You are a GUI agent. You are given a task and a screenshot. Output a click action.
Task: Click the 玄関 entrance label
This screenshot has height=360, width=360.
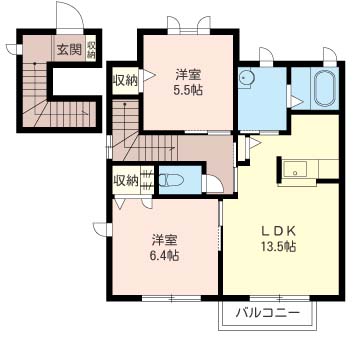click(68, 47)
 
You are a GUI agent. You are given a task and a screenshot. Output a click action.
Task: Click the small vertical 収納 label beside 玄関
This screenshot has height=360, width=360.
click(91, 47)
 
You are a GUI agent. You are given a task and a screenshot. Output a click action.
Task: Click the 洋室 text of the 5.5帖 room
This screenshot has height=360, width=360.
click(187, 73)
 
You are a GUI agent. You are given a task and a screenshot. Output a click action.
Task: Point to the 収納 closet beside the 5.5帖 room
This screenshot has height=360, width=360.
click(125, 80)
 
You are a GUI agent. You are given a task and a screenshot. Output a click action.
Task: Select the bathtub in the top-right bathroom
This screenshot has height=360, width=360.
click(324, 90)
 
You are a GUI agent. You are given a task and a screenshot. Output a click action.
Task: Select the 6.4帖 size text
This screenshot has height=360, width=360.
click(165, 256)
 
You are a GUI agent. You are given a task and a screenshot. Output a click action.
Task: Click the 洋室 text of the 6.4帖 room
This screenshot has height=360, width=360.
click(165, 240)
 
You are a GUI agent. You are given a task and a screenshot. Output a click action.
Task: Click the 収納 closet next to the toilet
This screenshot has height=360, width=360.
click(125, 181)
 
